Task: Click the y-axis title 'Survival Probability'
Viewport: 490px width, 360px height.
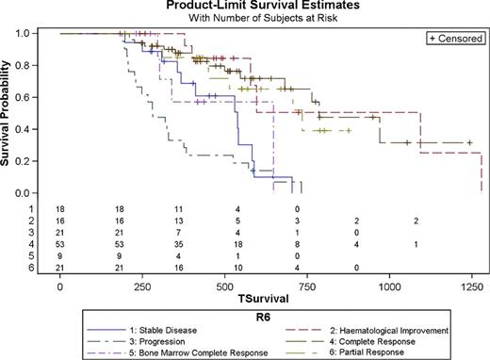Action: coord(8,113)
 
